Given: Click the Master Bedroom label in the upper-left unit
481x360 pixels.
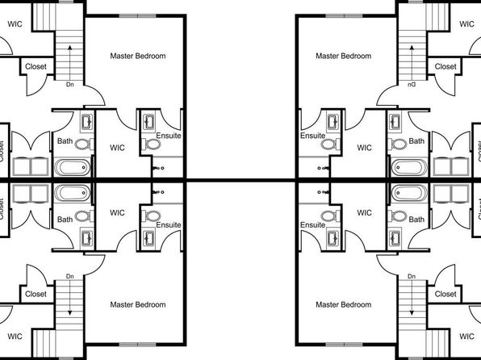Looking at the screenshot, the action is click(x=138, y=56).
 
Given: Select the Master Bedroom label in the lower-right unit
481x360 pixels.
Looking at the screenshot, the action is click(x=344, y=304).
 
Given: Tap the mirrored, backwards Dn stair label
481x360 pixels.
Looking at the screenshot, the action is click(x=412, y=85).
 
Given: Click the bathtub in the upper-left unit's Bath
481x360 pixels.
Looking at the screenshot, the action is click(x=73, y=167).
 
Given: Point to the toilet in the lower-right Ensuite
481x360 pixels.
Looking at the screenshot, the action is click(x=330, y=216).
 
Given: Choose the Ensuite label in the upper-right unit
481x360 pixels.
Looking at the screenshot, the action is click(x=312, y=136).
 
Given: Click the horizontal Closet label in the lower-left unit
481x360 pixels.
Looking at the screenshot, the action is click(x=36, y=294).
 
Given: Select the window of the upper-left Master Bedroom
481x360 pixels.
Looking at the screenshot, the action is click(x=137, y=15).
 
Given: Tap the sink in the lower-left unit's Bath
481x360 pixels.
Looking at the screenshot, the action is click(x=87, y=238).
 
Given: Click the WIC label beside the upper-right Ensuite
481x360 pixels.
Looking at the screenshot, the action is click(x=364, y=148).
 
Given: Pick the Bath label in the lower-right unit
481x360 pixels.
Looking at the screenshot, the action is click(x=416, y=220).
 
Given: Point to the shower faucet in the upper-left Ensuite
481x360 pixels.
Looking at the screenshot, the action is click(x=158, y=168).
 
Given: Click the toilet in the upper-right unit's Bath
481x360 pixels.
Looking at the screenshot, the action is click(x=398, y=144).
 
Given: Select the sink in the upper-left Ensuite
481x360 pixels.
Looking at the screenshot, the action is click(x=149, y=122).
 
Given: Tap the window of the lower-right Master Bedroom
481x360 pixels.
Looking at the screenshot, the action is click(x=344, y=345).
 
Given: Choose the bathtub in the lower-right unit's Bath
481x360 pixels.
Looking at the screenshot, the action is click(x=409, y=193).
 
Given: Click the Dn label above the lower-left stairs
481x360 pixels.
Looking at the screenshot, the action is click(x=70, y=276).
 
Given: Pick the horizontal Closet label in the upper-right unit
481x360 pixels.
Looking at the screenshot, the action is click(x=445, y=66).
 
